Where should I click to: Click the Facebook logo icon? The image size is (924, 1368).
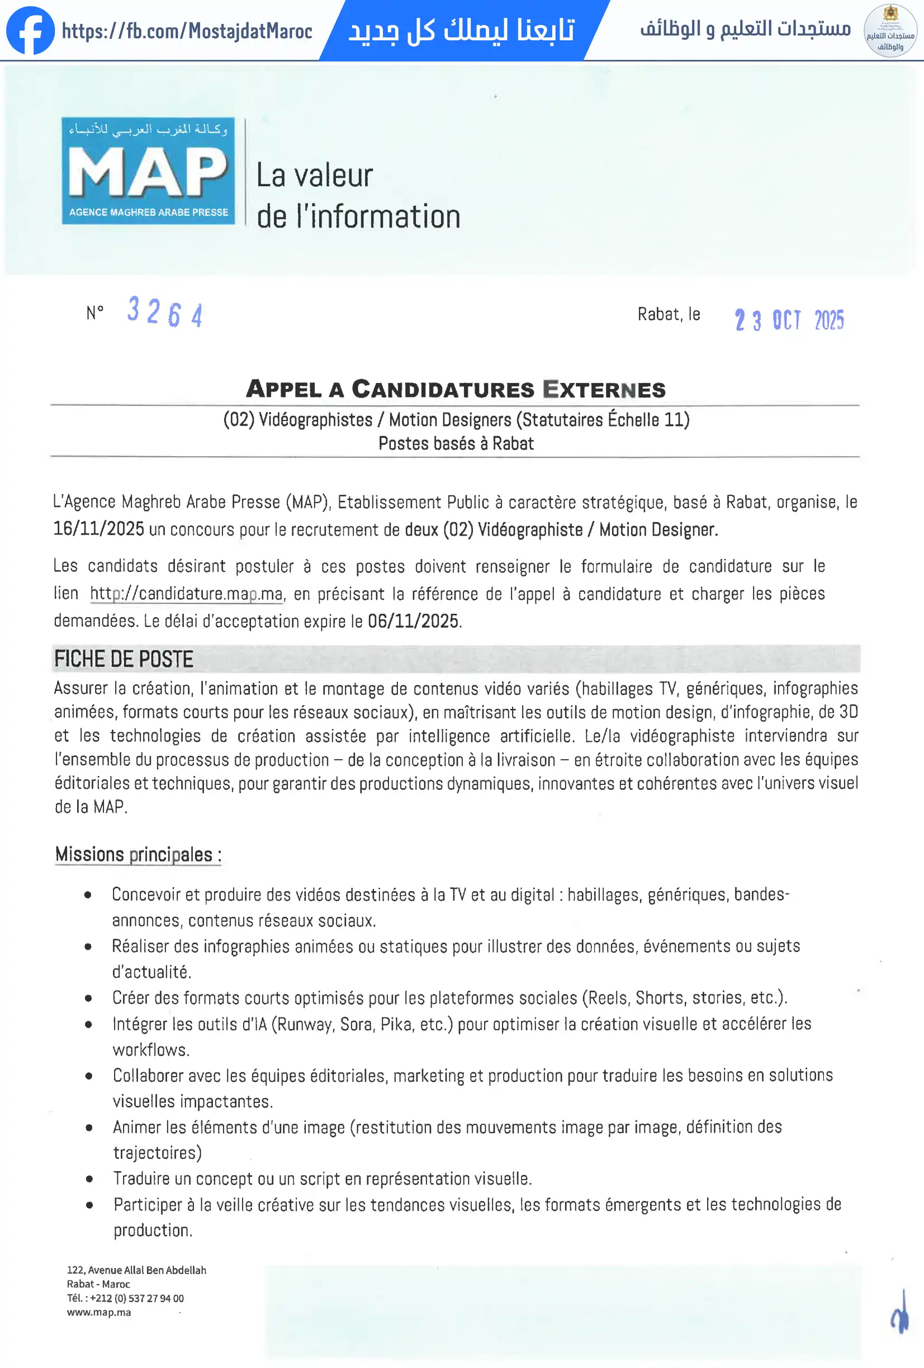[30, 31]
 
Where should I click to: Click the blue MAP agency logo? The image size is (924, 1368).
[148, 171]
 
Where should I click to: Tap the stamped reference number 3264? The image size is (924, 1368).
[165, 312]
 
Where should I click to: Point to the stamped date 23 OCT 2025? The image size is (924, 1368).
[789, 320]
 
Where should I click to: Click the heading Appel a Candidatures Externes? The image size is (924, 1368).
[456, 389]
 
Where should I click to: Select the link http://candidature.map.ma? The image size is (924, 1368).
[187, 593]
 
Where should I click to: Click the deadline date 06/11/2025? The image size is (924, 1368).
[413, 621]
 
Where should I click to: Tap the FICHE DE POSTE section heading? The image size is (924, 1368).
[124, 659]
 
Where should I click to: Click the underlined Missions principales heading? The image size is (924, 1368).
[138, 854]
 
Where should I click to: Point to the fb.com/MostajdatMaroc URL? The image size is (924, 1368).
[187, 31]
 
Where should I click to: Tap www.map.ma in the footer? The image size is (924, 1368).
[99, 1312]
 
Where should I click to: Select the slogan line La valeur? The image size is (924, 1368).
[314, 176]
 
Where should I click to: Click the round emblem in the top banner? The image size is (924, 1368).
[890, 31]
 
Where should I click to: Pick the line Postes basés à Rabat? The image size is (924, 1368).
[456, 443]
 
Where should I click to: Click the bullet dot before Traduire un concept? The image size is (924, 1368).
[89, 1179]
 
